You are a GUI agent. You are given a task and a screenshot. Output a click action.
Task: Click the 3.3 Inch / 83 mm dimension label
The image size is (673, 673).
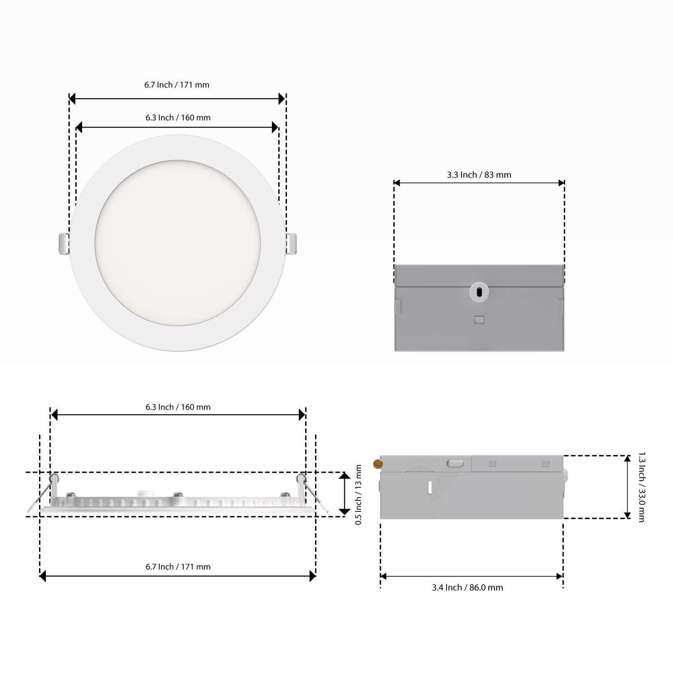(479, 175)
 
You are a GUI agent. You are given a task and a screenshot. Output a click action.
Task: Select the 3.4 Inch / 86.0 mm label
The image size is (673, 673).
(467, 587)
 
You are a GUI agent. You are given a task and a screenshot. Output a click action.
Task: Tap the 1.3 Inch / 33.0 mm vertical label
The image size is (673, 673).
(641, 487)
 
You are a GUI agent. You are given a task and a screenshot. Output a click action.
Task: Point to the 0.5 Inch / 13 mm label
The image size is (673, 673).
(358, 494)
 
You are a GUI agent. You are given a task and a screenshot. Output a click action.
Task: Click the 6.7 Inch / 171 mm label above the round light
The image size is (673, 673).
(177, 85)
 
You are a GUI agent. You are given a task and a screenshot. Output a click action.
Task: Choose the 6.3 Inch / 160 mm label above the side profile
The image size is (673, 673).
(178, 407)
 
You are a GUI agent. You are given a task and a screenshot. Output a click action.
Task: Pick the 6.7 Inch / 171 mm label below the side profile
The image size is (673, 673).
(178, 567)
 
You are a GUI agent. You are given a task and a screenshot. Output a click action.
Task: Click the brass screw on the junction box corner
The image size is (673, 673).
(378, 464)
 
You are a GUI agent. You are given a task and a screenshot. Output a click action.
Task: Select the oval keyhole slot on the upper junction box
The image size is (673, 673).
(479, 293)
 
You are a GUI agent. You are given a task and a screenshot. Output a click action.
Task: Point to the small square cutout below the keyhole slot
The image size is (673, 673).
(479, 320)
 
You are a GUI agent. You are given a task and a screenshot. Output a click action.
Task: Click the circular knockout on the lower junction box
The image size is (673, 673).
(420, 487)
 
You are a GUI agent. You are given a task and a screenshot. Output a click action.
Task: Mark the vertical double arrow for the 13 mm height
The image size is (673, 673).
(344, 494)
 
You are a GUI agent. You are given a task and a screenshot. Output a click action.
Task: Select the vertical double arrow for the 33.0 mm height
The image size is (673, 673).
(627, 487)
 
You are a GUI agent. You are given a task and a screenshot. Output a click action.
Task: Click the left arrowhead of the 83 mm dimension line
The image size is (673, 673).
(397, 183)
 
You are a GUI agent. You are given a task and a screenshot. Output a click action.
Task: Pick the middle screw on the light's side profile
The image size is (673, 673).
(178, 495)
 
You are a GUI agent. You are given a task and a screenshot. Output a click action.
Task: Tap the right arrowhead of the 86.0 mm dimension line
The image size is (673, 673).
(559, 577)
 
